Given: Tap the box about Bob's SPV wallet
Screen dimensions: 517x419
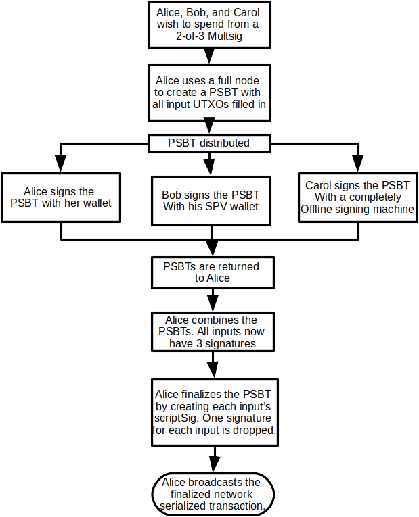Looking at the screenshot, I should [x=211, y=200].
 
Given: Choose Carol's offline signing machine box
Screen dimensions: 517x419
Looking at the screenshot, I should [x=357, y=197].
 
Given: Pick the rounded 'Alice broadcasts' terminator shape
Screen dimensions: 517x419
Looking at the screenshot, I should [x=211, y=494].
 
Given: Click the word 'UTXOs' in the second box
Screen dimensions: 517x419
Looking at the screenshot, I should [x=218, y=104].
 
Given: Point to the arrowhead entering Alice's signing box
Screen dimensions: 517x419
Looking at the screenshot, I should [x=62, y=164].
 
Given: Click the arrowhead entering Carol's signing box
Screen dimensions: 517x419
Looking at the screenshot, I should [x=357, y=164].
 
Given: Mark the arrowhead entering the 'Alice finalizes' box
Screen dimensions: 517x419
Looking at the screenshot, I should [x=212, y=369].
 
